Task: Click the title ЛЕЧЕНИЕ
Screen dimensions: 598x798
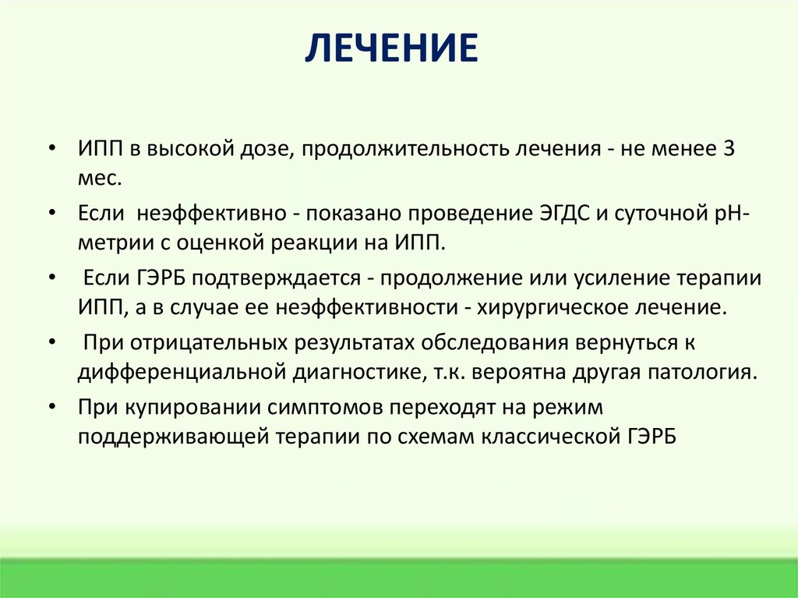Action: pos(390,48)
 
